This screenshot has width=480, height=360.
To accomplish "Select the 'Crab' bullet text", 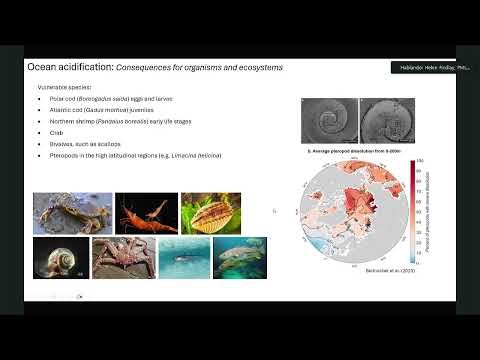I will point(56,130).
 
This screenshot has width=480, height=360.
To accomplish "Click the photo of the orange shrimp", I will point(145,212).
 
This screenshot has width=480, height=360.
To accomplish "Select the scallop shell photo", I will point(210,212).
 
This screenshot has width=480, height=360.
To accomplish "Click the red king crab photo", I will point(122,257).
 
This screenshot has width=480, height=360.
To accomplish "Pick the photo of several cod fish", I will point(239,257).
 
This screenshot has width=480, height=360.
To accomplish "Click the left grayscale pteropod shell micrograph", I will point(328,121).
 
